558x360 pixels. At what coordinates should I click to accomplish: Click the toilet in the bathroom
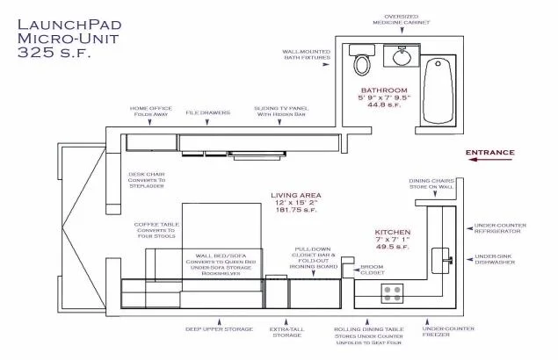[359, 61]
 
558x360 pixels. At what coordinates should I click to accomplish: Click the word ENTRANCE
[489, 152]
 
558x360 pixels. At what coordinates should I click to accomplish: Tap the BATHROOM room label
[383, 90]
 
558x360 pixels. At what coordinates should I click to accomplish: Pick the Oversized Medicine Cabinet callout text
[401, 18]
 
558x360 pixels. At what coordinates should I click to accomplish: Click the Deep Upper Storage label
[218, 329]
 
